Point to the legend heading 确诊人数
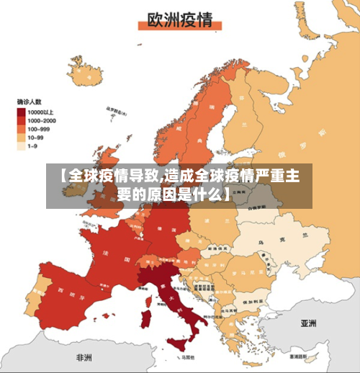31,102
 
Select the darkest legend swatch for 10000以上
22,112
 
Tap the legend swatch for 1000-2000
22,120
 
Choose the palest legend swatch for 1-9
22,145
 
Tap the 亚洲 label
309,324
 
